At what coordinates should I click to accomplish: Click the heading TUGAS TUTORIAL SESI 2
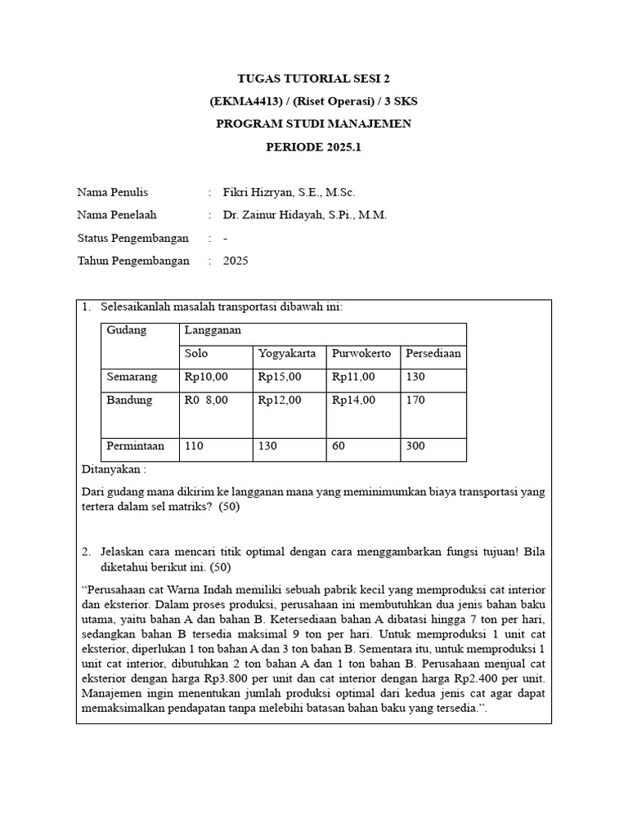[314, 79]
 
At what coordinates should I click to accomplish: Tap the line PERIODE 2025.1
[314, 147]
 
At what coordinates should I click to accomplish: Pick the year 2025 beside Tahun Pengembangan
[235, 261]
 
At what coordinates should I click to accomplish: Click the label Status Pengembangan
[132, 238]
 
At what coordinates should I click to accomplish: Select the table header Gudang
[127, 330]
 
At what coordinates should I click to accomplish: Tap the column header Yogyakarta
[287, 354]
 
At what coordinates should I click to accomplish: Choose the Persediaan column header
[433, 354]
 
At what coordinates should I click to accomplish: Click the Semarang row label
[134, 377]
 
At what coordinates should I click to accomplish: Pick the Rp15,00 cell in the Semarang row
[280, 377]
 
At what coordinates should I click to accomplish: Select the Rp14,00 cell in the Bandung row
[353, 401]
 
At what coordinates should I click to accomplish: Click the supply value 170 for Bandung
[415, 401]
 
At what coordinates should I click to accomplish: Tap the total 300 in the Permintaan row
[415, 446]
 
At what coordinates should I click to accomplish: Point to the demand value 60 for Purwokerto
[339, 446]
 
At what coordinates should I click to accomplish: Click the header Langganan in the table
[212, 330]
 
